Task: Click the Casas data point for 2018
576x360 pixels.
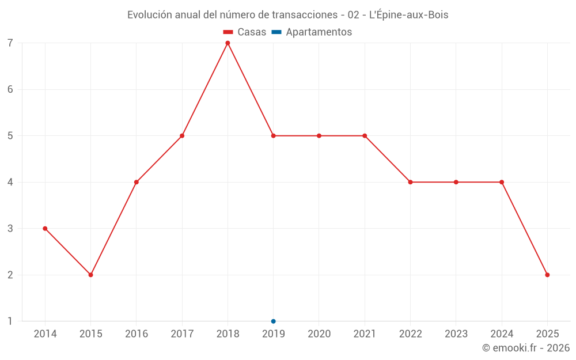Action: tap(228, 43)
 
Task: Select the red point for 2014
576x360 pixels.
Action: tap(45, 229)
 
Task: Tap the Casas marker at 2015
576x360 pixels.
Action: tap(90, 275)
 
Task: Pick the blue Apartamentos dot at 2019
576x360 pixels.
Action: tap(273, 321)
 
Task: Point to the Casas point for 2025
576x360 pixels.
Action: tap(547, 275)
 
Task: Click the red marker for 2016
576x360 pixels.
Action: tap(137, 182)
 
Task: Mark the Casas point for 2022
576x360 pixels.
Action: tap(410, 182)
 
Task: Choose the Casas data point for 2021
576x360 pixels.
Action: tap(365, 136)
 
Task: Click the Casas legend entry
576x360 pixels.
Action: tap(245, 32)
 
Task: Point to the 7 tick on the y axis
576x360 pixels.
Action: tap(10, 43)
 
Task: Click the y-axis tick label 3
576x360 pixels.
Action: tap(10, 229)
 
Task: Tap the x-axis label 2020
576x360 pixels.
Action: tap(319, 334)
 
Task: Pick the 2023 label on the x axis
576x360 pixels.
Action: tap(456, 334)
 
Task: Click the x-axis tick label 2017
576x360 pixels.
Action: tap(182, 334)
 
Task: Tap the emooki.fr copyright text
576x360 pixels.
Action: tap(526, 348)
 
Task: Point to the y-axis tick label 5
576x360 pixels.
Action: tap(10, 136)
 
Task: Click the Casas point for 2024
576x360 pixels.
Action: tap(502, 182)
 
